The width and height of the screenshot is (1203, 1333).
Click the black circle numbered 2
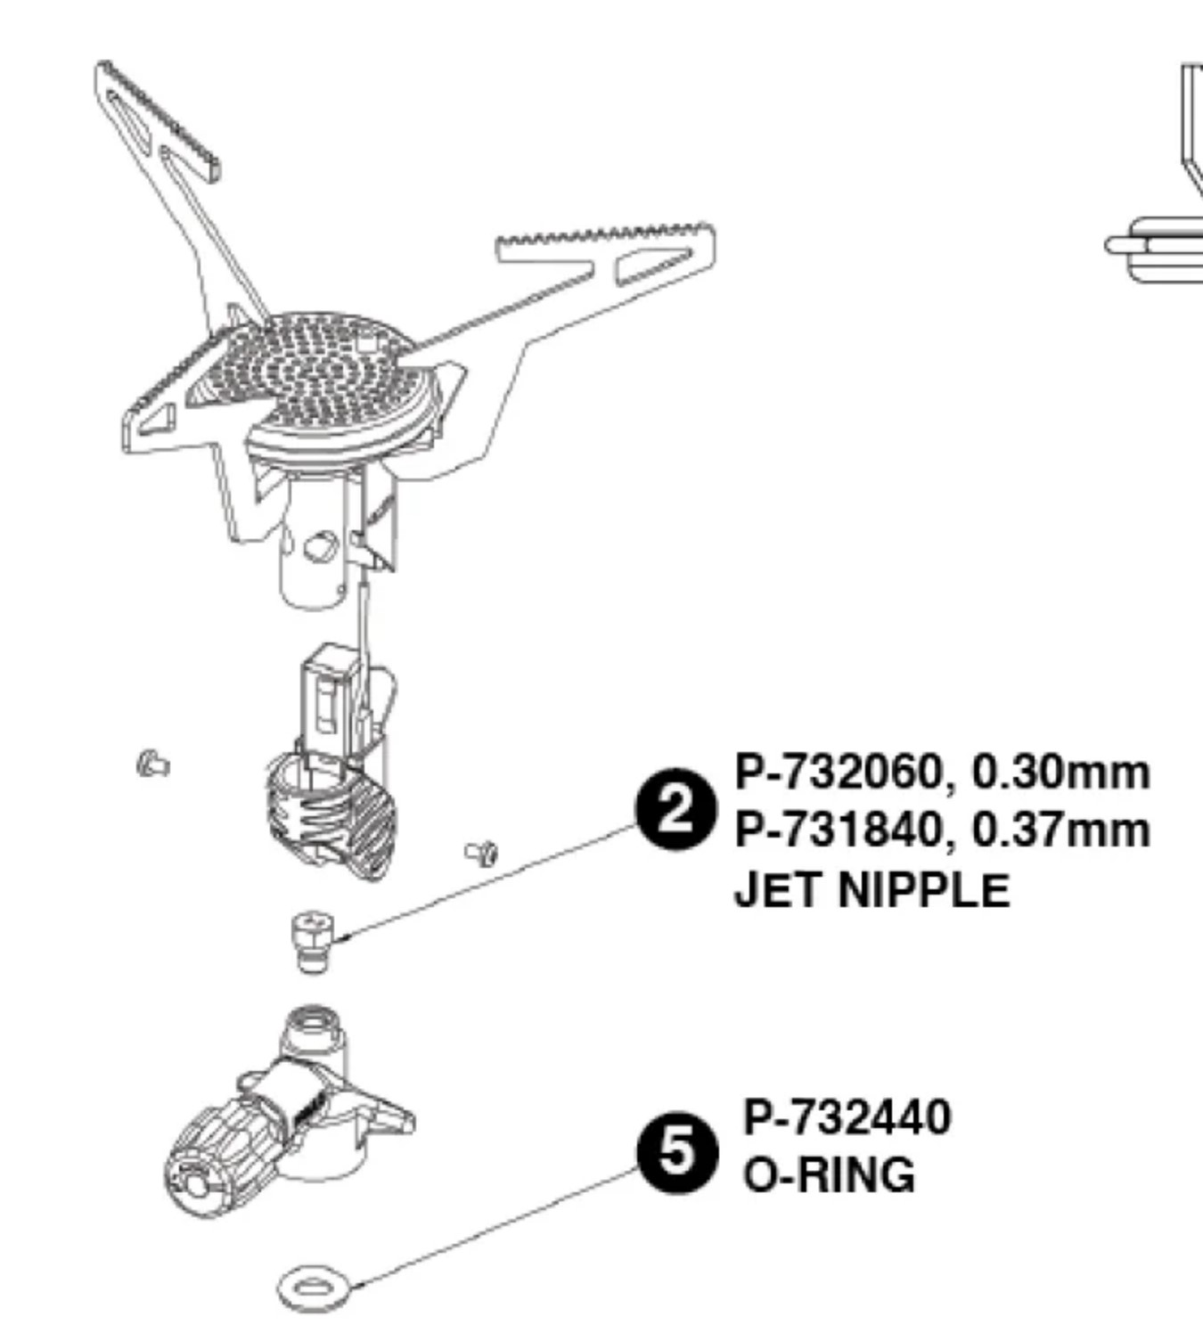[x=676, y=809]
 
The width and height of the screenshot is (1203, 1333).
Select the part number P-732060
[x=839, y=773]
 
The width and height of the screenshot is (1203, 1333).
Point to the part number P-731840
[x=839, y=830]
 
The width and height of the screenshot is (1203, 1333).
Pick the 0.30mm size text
[x=1060, y=773]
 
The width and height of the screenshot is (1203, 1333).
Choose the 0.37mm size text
[x=1060, y=830]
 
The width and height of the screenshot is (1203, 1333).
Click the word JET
[x=779, y=890]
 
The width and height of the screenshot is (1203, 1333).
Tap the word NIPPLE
[x=924, y=890]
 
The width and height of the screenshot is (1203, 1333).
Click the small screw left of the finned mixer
[x=153, y=765]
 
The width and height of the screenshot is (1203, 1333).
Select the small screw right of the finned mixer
[x=482, y=854]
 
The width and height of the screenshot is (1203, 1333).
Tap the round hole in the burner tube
[x=321, y=548]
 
